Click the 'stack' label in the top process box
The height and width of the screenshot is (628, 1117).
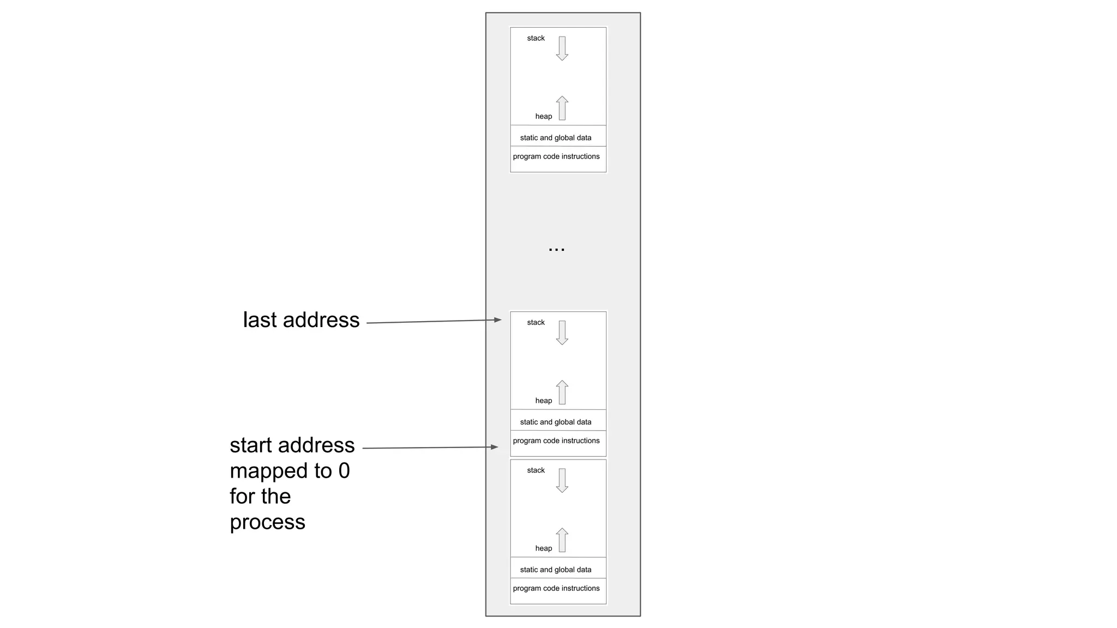pyautogui.click(x=536, y=38)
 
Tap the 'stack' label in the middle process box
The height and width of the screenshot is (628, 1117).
pyautogui.click(x=536, y=323)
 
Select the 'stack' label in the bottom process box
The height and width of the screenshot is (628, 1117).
pyautogui.click(x=536, y=470)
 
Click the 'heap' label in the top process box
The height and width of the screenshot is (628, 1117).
pyautogui.click(x=543, y=116)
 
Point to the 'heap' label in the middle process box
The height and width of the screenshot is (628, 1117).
pyautogui.click(x=543, y=401)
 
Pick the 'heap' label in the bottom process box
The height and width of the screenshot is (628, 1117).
pyautogui.click(x=543, y=548)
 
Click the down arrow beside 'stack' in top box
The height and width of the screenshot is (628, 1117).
pyautogui.click(x=562, y=48)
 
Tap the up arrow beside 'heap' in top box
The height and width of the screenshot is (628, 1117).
pyautogui.click(x=562, y=108)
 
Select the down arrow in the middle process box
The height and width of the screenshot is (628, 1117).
pyautogui.click(x=562, y=333)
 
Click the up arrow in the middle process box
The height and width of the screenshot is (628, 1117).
pyautogui.click(x=562, y=392)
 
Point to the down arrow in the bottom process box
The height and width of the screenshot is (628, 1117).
pyautogui.click(x=562, y=480)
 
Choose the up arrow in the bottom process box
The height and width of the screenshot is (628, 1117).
pyautogui.click(x=562, y=540)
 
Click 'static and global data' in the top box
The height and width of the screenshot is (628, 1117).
pyautogui.click(x=555, y=138)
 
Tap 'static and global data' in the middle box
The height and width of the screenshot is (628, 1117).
pyautogui.click(x=555, y=422)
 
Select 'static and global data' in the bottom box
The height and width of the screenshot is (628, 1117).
pyautogui.click(x=555, y=570)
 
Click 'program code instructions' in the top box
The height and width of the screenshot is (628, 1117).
pyautogui.click(x=556, y=156)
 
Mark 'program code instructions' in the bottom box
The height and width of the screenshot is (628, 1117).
pyautogui.click(x=556, y=588)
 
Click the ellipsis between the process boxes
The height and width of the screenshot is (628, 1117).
pyautogui.click(x=556, y=249)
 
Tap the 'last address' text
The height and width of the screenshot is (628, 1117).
pyautogui.click(x=301, y=320)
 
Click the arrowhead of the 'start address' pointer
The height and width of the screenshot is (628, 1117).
pyautogui.click(x=495, y=447)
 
